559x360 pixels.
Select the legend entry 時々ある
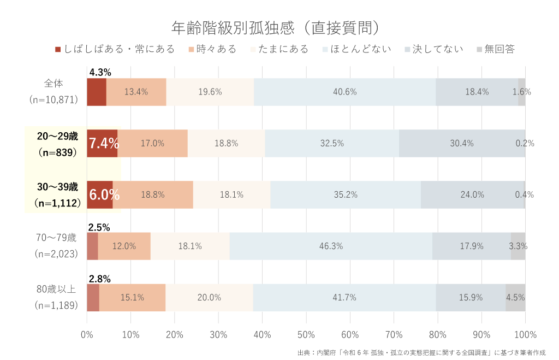pyautogui.click(x=212, y=49)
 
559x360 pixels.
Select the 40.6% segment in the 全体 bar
pyautogui.click(x=344, y=92)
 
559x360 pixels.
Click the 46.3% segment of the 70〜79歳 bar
pyautogui.click(x=331, y=246)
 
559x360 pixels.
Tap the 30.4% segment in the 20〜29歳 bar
pyautogui.click(x=462, y=144)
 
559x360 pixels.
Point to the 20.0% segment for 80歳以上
pyautogui.click(x=209, y=298)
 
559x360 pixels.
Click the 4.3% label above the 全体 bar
pyautogui.click(x=100, y=72)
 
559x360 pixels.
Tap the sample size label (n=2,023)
pyautogui.click(x=57, y=254)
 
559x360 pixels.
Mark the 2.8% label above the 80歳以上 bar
pyautogui.click(x=100, y=279)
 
